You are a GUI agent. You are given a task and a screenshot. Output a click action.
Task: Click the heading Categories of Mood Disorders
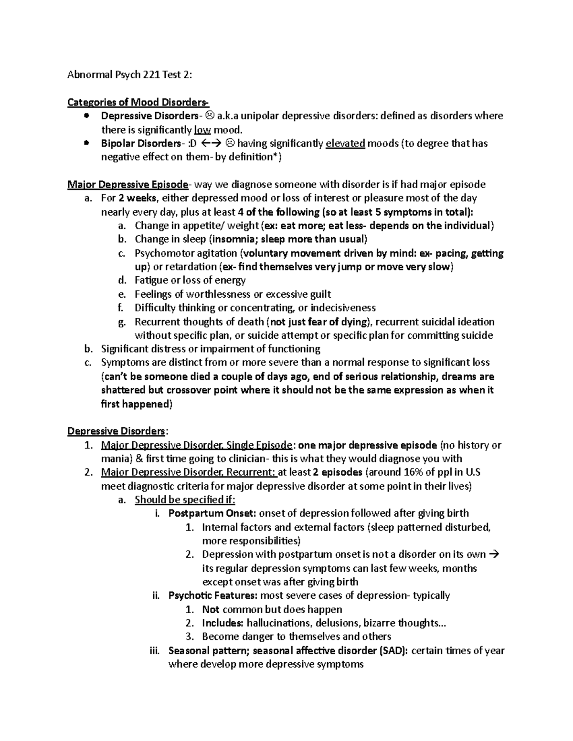(x=138, y=102)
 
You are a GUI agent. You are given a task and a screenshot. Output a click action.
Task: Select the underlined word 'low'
(x=202, y=130)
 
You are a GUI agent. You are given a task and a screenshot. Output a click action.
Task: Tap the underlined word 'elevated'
(x=345, y=144)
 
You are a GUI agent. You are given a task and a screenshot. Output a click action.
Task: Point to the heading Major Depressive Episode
(x=128, y=185)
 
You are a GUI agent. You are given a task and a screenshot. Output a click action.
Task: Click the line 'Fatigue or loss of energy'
(x=190, y=281)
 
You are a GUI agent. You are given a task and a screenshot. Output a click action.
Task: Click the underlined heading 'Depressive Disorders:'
(x=117, y=431)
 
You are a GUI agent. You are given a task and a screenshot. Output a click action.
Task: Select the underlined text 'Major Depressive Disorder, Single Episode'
(x=197, y=445)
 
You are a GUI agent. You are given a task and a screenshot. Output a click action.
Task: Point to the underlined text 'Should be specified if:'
(x=185, y=500)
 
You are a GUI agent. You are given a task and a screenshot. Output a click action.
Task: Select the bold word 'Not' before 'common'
(x=211, y=609)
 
